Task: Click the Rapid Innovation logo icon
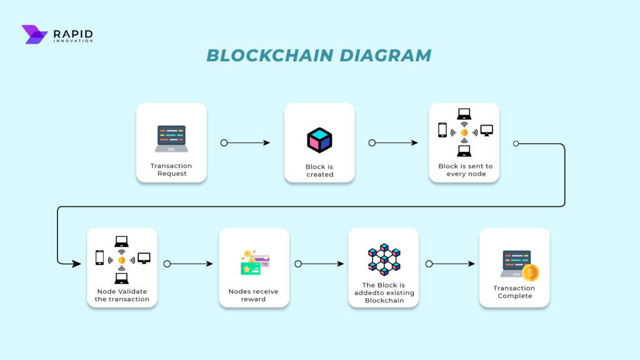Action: (x=34, y=34)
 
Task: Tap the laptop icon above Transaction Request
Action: (x=171, y=139)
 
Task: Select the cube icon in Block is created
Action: (x=319, y=140)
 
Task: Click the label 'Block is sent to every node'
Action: (x=465, y=170)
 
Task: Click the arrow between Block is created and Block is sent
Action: (x=394, y=143)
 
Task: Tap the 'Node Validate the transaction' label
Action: (x=122, y=295)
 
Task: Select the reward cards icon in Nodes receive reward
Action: (x=254, y=263)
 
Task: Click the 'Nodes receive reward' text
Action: (x=254, y=295)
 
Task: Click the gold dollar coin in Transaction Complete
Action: (x=531, y=272)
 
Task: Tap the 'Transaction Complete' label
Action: (x=514, y=292)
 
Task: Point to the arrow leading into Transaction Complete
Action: (x=451, y=264)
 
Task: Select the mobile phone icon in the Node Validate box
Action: (x=99, y=257)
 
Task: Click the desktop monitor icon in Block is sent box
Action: (x=486, y=131)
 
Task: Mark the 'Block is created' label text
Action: (x=319, y=171)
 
